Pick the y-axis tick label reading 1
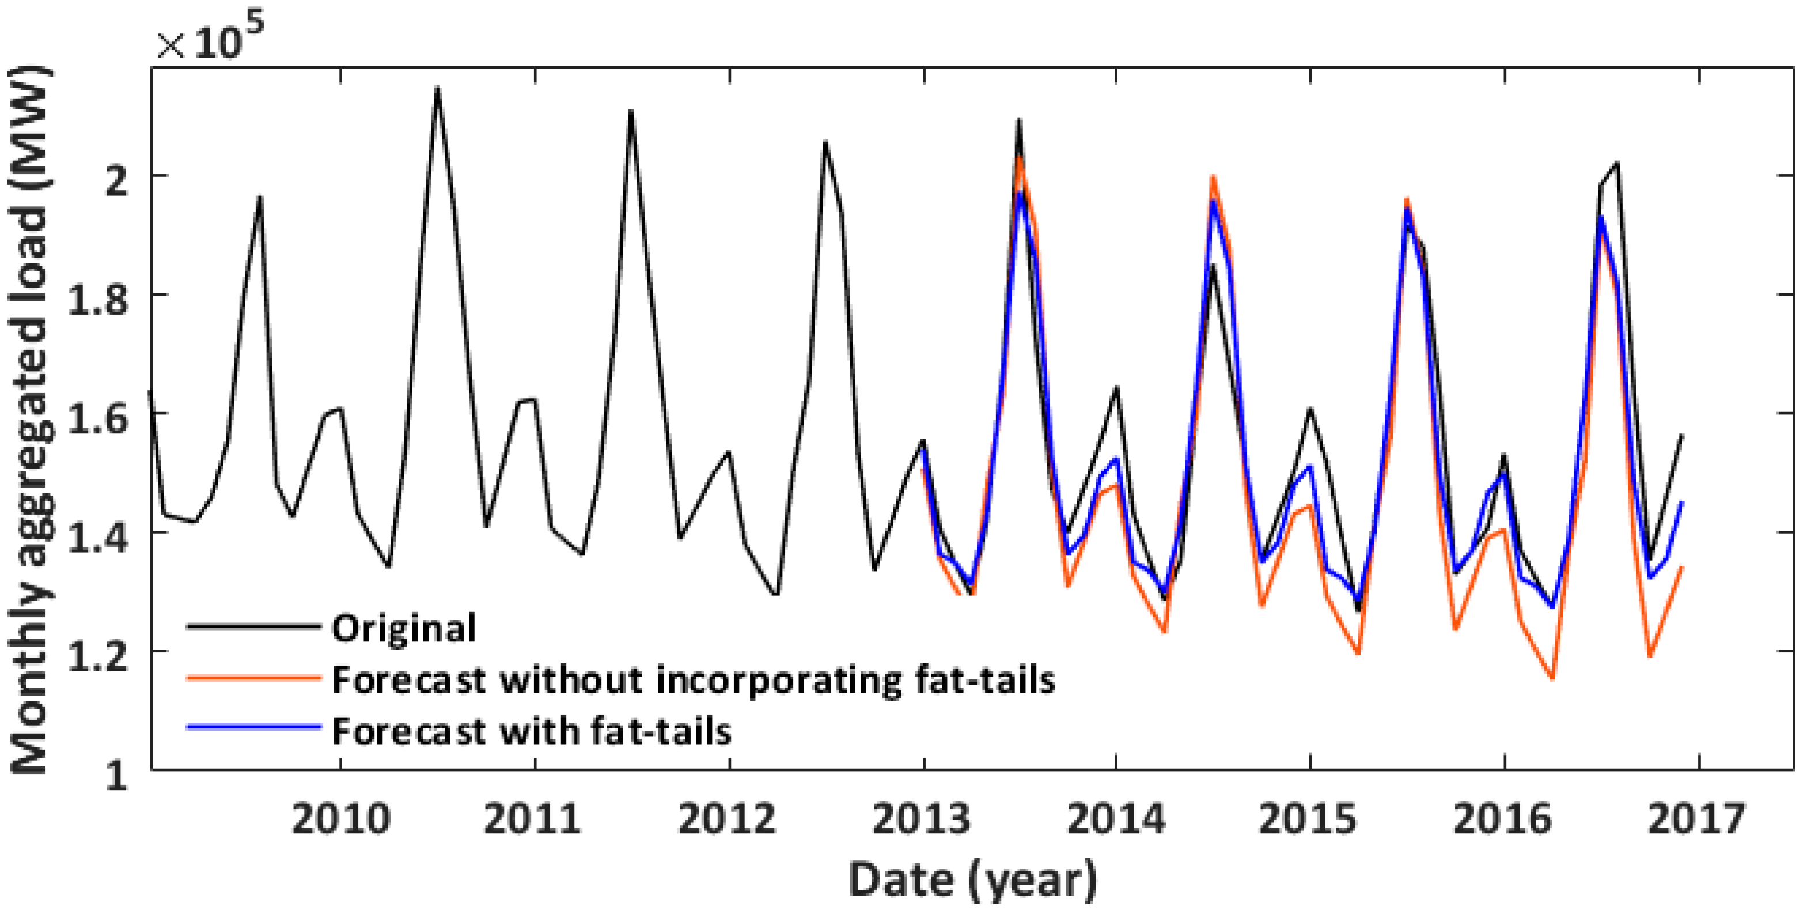[x=116, y=775]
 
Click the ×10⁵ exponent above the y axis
[x=210, y=41]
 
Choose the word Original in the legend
[x=403, y=628]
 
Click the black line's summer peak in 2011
[x=631, y=112]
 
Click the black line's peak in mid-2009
[x=260, y=197]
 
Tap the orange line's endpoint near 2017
[x=1682, y=567]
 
